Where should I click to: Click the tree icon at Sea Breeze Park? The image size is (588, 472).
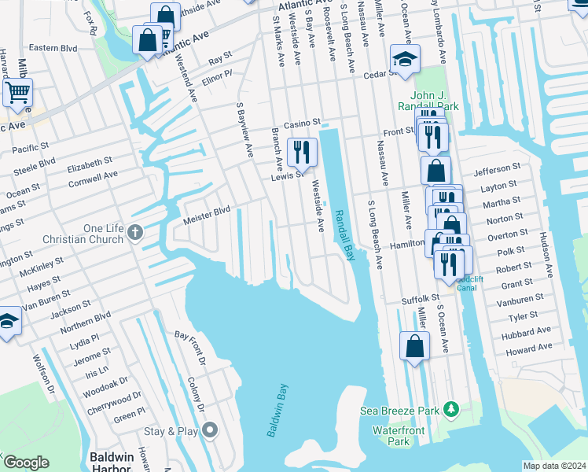451,409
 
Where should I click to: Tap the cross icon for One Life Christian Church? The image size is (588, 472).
135,232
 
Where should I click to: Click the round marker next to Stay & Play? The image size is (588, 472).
209,430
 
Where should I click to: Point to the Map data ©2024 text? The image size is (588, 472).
553,466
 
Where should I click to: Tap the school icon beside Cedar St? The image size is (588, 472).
406,60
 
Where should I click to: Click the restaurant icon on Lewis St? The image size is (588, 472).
302,152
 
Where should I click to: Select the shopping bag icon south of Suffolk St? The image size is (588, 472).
414,346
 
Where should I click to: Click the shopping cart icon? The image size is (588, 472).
17,91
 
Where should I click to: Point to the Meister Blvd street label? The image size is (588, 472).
207,211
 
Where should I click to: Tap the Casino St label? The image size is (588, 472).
303,124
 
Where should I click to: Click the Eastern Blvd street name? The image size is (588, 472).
53,48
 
